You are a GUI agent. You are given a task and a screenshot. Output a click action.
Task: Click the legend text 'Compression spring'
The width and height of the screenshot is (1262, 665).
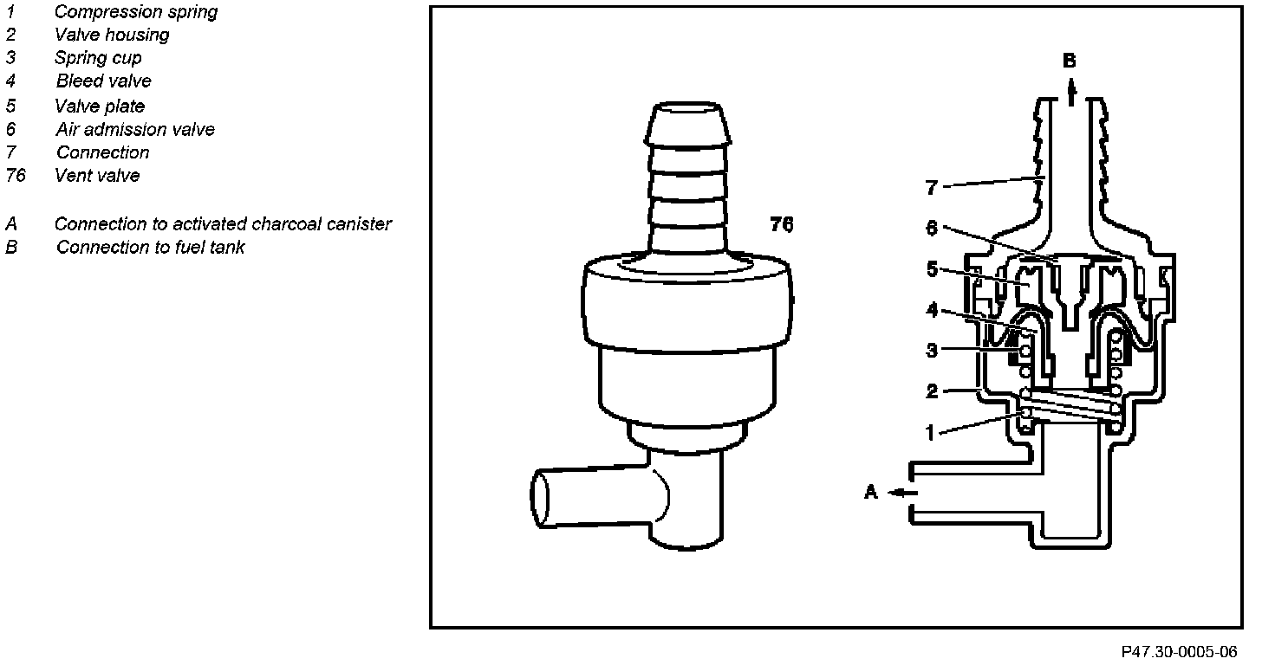tap(135, 12)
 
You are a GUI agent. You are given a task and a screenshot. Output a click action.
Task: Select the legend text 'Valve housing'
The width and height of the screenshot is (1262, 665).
tap(111, 36)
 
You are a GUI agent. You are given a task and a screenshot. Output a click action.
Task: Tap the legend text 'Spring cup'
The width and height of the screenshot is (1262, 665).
tap(97, 58)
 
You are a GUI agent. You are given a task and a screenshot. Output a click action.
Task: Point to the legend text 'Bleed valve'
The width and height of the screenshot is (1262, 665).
tap(103, 81)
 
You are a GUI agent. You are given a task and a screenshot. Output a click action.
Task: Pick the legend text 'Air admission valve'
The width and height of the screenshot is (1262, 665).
tap(134, 130)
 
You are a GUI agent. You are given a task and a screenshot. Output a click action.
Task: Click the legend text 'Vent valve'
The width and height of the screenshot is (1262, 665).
tap(96, 176)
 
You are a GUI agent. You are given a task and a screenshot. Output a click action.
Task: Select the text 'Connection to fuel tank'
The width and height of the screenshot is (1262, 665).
tap(150, 248)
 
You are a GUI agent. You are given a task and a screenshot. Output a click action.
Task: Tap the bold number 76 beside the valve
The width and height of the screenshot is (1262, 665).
tap(781, 225)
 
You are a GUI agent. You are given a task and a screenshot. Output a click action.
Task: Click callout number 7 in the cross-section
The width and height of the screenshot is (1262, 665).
tap(931, 187)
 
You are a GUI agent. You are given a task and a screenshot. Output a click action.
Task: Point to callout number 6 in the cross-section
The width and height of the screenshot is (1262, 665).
tap(931, 227)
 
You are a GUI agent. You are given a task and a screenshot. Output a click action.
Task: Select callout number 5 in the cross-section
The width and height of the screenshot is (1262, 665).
tap(931, 268)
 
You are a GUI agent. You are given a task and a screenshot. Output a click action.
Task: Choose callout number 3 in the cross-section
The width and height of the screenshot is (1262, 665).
tap(931, 351)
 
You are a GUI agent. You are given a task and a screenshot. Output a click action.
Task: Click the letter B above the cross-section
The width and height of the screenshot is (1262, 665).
tap(1070, 61)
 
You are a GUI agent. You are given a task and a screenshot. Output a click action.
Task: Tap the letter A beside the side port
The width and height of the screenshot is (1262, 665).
tap(871, 492)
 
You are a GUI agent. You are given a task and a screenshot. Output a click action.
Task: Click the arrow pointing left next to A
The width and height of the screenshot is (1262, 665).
tap(901, 493)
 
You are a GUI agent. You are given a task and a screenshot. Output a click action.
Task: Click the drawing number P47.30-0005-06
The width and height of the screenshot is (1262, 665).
tap(1179, 652)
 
